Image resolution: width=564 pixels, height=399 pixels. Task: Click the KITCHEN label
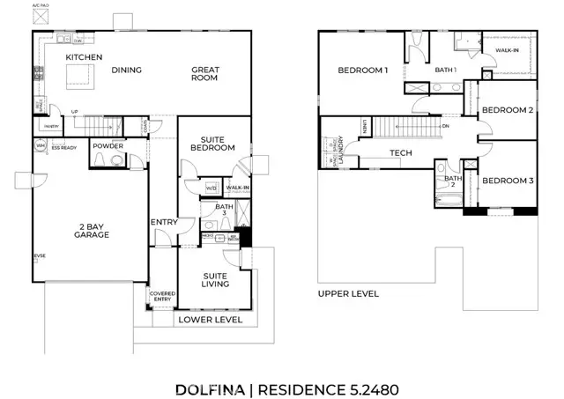85,57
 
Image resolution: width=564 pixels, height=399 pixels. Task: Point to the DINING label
126,70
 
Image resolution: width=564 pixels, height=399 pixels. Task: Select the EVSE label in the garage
39,256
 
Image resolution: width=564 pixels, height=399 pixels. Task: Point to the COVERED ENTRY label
161,296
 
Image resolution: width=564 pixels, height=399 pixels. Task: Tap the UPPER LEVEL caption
348,292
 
